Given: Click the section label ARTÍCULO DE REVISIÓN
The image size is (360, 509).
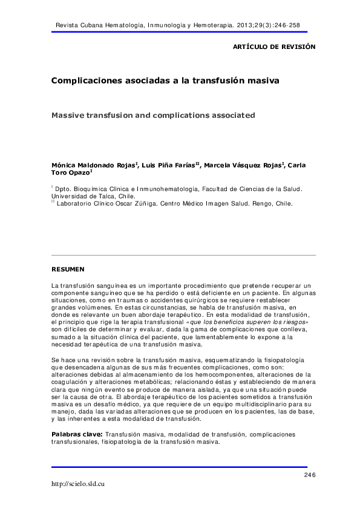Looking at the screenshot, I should click(x=274, y=47).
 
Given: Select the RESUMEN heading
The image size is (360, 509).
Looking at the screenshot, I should click(x=68, y=268).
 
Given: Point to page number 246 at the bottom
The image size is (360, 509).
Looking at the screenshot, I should click(x=310, y=476).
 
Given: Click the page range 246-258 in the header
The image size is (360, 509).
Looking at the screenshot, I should click(x=286, y=25).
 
